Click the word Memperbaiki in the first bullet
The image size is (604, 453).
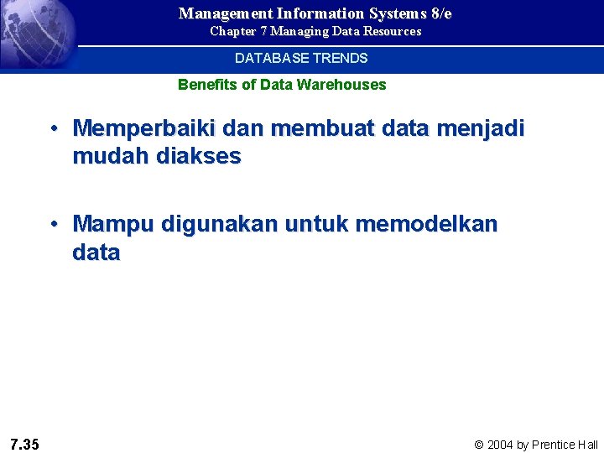[x=143, y=128]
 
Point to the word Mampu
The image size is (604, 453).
[x=113, y=225]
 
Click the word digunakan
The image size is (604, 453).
[x=220, y=225]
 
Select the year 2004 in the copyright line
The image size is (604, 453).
[x=500, y=445]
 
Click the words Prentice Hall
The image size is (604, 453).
[x=565, y=445]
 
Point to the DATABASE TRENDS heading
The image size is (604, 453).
[x=301, y=59]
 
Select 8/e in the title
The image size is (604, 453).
[x=439, y=13]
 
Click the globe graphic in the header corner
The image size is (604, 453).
[x=34, y=34]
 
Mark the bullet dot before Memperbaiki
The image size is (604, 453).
[x=53, y=129]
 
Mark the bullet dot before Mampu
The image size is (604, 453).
[x=53, y=226]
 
